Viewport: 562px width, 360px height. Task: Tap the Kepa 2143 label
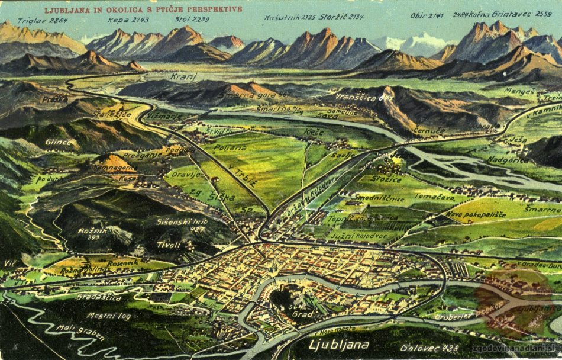[120, 20]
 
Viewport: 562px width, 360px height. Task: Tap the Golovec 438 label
[428, 348]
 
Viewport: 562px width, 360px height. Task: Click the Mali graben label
[80, 333]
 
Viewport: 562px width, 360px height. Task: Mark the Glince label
[59, 142]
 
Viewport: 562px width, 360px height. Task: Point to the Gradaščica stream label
[99, 297]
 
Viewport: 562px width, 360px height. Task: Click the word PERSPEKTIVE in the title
[205, 9]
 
